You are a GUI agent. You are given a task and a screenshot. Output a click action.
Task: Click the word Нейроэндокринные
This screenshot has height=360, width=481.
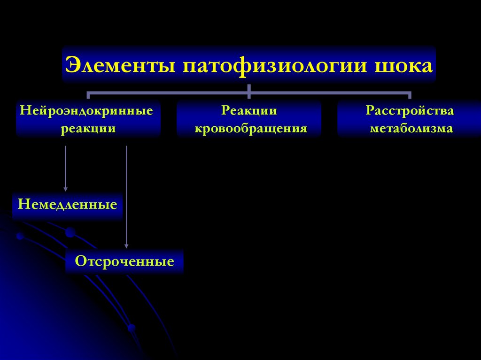86,112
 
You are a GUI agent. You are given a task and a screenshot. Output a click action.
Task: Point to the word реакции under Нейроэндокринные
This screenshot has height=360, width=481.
88,129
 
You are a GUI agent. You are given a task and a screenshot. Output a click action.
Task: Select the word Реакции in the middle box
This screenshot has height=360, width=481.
249,112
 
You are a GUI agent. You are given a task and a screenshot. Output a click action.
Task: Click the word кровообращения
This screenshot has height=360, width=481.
251,129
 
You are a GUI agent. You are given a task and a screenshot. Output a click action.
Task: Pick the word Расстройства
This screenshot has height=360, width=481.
410,112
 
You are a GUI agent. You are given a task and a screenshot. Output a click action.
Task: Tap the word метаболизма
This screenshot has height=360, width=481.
411,129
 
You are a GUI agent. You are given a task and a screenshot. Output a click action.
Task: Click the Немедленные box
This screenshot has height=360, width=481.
67,205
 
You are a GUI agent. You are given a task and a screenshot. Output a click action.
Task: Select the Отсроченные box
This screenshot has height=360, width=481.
124,261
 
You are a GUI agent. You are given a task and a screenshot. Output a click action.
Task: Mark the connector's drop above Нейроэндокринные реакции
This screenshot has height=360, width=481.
88,95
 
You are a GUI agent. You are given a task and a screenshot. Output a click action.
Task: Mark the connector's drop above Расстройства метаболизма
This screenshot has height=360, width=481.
410,95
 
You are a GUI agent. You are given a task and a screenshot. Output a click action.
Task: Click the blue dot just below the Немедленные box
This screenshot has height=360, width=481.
70,232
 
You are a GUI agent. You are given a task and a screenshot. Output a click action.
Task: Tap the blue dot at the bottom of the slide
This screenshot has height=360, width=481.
132,328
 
